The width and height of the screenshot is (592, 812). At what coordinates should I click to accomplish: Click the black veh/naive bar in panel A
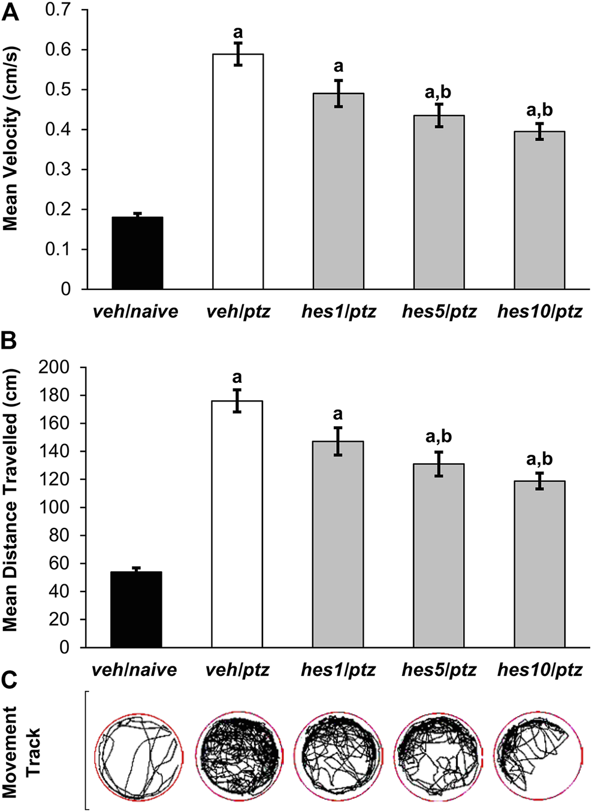(137, 253)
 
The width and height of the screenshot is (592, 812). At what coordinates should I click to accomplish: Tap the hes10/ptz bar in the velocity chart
(539, 210)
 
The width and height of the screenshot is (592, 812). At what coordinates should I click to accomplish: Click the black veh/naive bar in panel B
(137, 609)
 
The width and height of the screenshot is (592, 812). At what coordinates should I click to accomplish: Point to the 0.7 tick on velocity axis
(58, 10)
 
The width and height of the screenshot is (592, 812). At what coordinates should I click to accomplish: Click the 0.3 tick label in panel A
(58, 170)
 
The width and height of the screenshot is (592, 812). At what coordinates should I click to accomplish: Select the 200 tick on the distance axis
(54, 367)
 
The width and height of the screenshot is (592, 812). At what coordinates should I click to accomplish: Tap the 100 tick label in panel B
(54, 508)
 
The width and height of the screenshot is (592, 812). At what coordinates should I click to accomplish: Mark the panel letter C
(10, 682)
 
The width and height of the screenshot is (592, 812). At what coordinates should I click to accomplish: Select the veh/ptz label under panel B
(237, 669)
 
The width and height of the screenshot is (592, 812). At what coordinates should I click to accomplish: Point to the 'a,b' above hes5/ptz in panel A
(438, 92)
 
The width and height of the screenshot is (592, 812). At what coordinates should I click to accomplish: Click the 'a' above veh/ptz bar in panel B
(237, 378)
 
